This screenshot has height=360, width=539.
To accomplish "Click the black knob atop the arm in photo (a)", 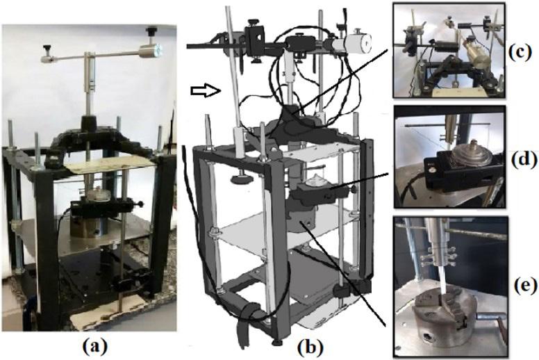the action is click(x=150, y=31).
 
